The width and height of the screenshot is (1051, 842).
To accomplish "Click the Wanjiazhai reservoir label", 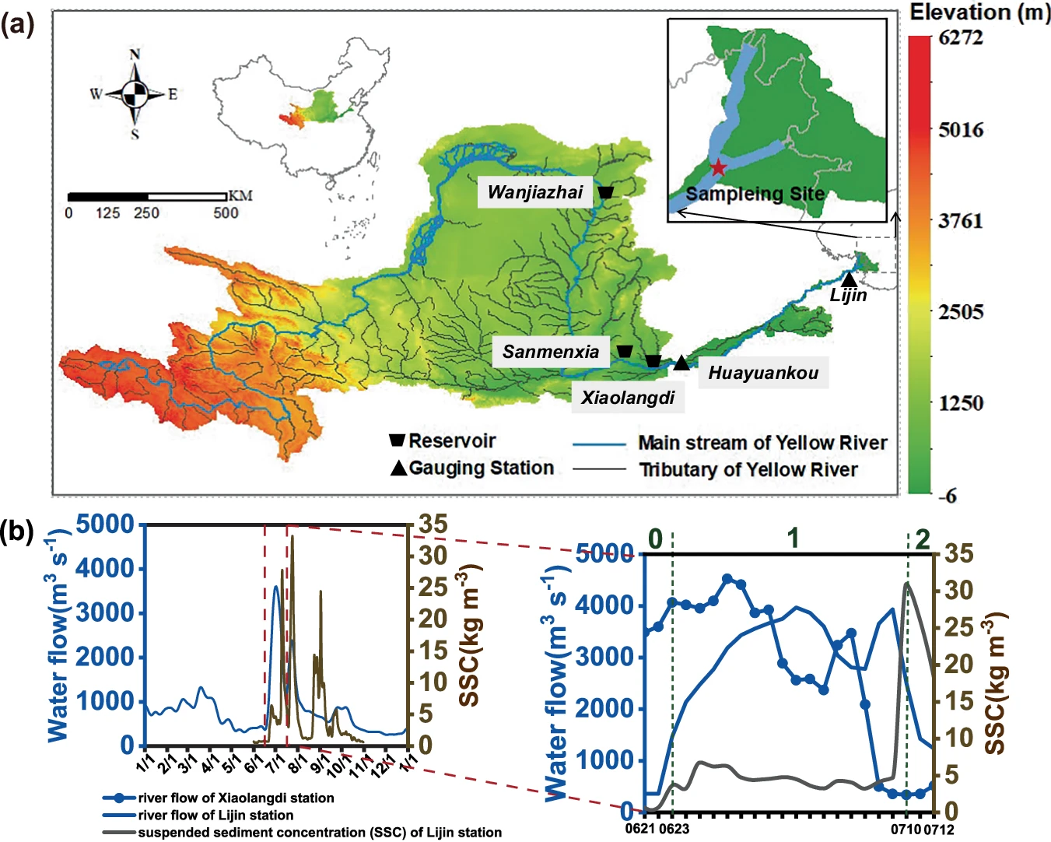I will [535, 192].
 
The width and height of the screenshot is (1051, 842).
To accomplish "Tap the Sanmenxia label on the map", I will [551, 352].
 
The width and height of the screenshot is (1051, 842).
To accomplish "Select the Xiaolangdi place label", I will [628, 398].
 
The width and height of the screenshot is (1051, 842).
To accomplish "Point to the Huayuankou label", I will [763, 374].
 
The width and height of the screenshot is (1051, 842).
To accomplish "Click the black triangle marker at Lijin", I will [850, 279].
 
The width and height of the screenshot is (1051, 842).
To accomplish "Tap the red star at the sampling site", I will [718, 167].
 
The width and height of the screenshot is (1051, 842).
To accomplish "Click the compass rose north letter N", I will [135, 54].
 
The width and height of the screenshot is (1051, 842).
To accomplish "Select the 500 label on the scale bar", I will [226, 213].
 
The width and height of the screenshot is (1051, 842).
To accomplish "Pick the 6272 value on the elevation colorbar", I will [961, 37].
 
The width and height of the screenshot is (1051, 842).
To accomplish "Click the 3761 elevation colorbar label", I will [961, 221].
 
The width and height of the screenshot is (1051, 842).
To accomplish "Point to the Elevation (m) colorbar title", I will [979, 12].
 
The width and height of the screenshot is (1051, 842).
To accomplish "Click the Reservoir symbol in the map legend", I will [397, 440].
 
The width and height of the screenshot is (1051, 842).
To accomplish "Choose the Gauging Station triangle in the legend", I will [398, 468].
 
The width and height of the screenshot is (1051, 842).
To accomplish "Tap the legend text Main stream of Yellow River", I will [762, 443].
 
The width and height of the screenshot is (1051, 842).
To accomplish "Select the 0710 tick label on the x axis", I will [906, 829].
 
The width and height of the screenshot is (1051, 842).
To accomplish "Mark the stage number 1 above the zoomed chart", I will [793, 538].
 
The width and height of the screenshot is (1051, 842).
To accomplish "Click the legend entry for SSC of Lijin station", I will [320, 833].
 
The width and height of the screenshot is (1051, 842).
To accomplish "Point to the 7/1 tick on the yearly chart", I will [275, 761].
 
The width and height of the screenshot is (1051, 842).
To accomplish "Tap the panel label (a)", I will [17, 25].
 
